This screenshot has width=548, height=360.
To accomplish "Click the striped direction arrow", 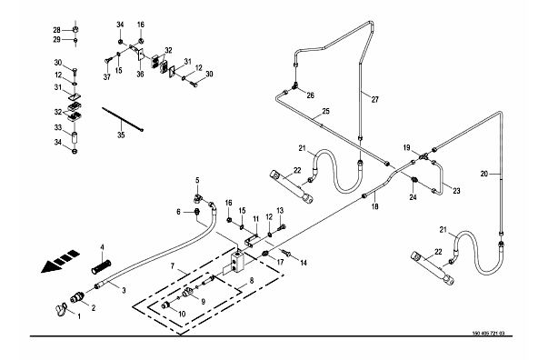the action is point(60,261).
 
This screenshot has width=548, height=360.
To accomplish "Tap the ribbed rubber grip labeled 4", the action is point(101,266).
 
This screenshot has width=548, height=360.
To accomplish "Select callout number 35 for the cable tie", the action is point(121,135).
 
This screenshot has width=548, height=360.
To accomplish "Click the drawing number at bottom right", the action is point(488,333).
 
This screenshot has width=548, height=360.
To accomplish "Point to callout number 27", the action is point(375,100).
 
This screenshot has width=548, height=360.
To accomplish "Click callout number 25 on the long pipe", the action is point(325,112).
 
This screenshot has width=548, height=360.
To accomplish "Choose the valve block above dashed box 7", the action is point(237,263).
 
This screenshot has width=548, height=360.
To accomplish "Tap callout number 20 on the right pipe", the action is point(484,174).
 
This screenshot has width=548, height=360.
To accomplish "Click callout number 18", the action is point(374,206).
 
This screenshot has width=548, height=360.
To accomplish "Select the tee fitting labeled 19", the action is point(423,156).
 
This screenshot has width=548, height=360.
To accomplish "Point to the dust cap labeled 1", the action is point(61,309).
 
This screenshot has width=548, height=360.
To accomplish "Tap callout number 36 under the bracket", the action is point(140,75).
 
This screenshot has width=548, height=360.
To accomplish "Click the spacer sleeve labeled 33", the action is point(75,137).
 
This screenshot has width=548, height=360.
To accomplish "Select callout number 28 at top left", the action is point(56,30).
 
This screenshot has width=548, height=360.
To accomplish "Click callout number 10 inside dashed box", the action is point(182,314).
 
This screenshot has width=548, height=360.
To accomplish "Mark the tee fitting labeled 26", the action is point(295,85).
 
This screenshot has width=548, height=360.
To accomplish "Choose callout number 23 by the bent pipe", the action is point(456,191).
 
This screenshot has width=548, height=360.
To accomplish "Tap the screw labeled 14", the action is point(286,252).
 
